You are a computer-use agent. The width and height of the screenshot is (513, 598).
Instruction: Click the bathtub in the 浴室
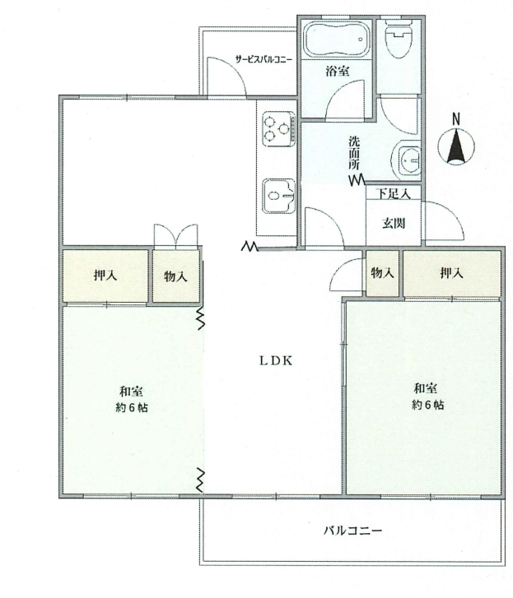click(336, 39)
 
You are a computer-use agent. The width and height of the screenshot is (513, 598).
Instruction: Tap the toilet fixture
click(399, 38)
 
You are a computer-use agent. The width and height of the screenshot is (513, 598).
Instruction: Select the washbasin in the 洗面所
click(408, 160)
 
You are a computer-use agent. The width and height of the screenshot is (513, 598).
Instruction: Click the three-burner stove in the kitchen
click(278, 128)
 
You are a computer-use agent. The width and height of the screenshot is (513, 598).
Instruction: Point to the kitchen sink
click(278, 196)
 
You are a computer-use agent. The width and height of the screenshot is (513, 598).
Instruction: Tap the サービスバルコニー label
click(263, 59)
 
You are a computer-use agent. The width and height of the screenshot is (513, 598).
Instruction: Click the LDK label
click(276, 361)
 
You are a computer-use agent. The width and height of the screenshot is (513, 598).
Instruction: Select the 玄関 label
click(394, 224)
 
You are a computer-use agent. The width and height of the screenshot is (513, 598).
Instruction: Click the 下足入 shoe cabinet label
click(394, 194)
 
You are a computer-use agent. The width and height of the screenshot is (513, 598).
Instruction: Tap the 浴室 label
click(338, 71)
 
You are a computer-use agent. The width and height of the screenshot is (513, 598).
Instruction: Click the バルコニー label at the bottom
click(352, 531)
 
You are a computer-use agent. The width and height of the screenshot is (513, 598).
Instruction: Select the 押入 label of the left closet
click(105, 276)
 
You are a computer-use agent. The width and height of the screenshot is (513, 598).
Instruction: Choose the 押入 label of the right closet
click(451, 273)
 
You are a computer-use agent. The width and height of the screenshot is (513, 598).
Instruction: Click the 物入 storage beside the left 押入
click(175, 276)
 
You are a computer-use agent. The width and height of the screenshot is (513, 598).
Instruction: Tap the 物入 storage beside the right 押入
click(382, 273)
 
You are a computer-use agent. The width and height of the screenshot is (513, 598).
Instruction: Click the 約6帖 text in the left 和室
click(132, 408)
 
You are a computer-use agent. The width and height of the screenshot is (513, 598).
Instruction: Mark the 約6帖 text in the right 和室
click(427, 405)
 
